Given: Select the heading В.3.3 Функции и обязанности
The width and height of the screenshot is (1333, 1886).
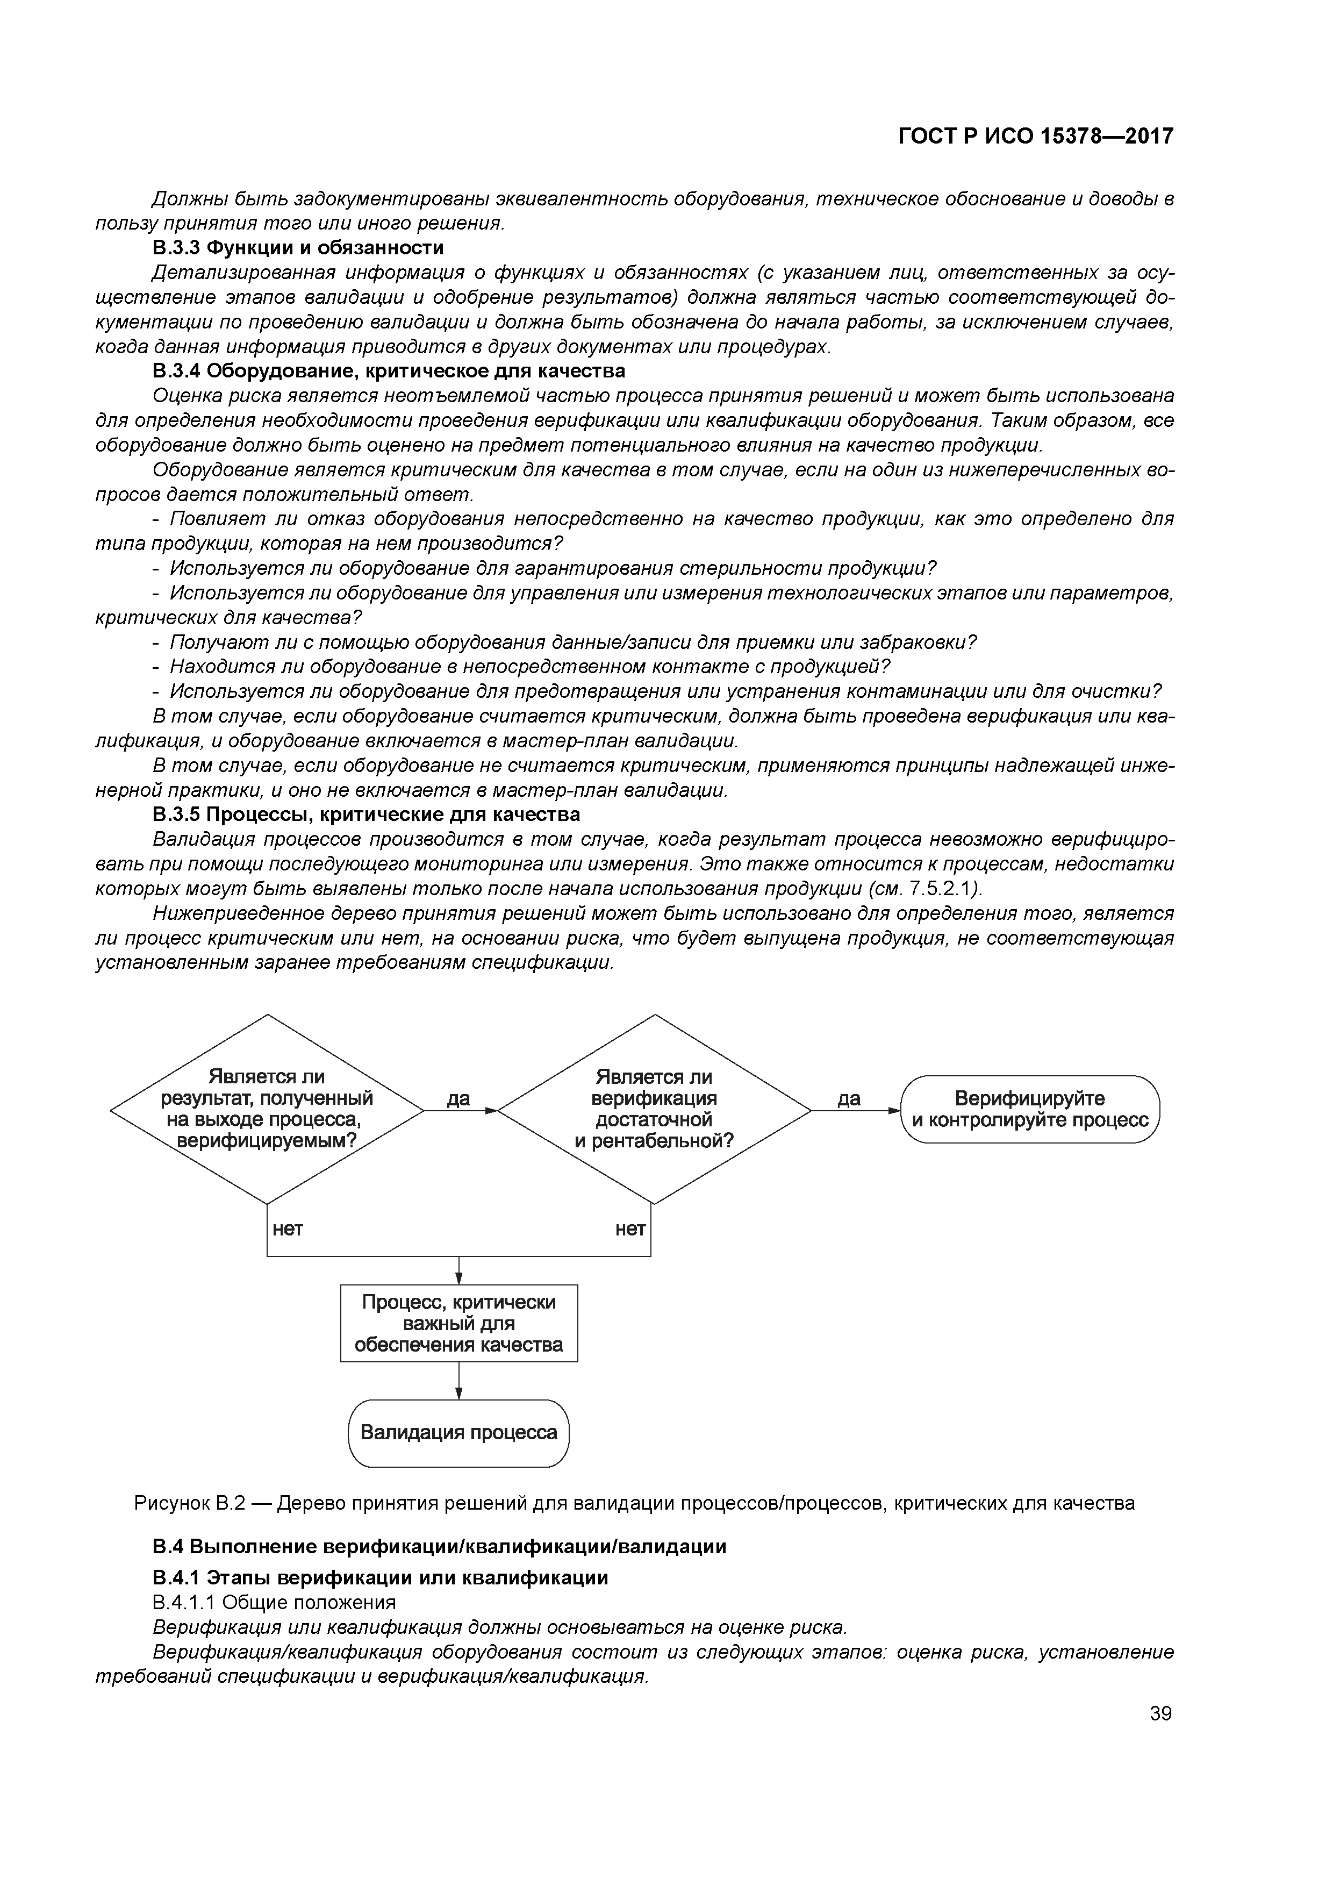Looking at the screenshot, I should click(298, 247).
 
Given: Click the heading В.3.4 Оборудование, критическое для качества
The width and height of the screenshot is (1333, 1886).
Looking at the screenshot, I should click(389, 370).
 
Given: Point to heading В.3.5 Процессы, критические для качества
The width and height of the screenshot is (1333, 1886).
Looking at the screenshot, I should click(367, 814).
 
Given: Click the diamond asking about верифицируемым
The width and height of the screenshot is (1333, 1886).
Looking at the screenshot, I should click(268, 1109).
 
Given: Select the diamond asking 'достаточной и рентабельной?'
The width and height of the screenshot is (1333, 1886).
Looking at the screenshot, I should click(654, 1109).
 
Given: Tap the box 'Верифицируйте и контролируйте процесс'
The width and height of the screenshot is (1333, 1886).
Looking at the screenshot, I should click(1030, 1109).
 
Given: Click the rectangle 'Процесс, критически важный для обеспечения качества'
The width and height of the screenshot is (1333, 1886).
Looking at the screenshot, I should click(458, 1323).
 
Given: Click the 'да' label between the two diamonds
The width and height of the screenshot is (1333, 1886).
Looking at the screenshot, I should click(458, 1098).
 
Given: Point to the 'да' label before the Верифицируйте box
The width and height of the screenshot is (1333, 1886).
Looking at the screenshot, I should click(849, 1098).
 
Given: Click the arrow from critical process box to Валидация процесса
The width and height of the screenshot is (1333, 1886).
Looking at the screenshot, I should click(458, 1380).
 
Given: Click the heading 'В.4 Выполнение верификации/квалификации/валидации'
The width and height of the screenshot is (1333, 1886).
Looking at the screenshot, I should click(439, 1547).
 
